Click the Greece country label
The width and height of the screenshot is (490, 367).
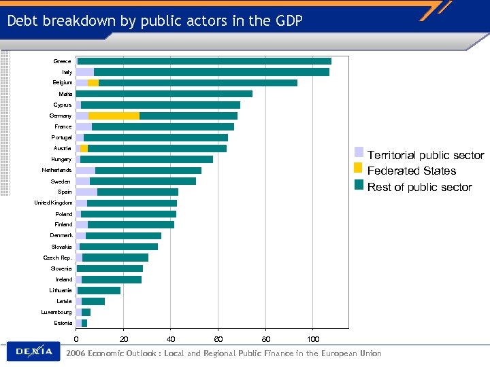pos(62,61)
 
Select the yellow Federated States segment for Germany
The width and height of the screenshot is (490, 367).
pos(114,116)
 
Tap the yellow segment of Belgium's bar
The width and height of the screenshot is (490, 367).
pos(93,83)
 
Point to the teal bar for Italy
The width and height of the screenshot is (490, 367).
pos(211,72)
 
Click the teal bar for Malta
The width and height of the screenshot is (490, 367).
pos(164,94)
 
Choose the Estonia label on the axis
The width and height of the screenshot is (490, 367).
pos(63,323)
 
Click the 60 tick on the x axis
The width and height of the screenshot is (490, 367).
pos(218,339)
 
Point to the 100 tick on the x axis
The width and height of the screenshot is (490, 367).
pos(313,339)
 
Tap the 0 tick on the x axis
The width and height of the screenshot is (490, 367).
pos(76,339)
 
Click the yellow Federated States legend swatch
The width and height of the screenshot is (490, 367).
pos(359,169)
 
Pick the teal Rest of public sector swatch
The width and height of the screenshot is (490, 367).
pos(359,185)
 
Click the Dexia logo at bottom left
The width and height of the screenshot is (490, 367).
pos(34,351)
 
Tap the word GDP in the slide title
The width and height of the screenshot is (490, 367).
pos(287,21)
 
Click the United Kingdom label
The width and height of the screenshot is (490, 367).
pos(54,203)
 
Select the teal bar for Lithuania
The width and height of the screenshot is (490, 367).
pos(99,290)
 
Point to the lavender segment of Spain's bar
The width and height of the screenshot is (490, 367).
pos(86,192)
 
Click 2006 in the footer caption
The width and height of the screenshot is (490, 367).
pos(76,353)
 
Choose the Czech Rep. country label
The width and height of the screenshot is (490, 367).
pos(58,258)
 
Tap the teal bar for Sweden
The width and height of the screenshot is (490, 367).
pos(143,181)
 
